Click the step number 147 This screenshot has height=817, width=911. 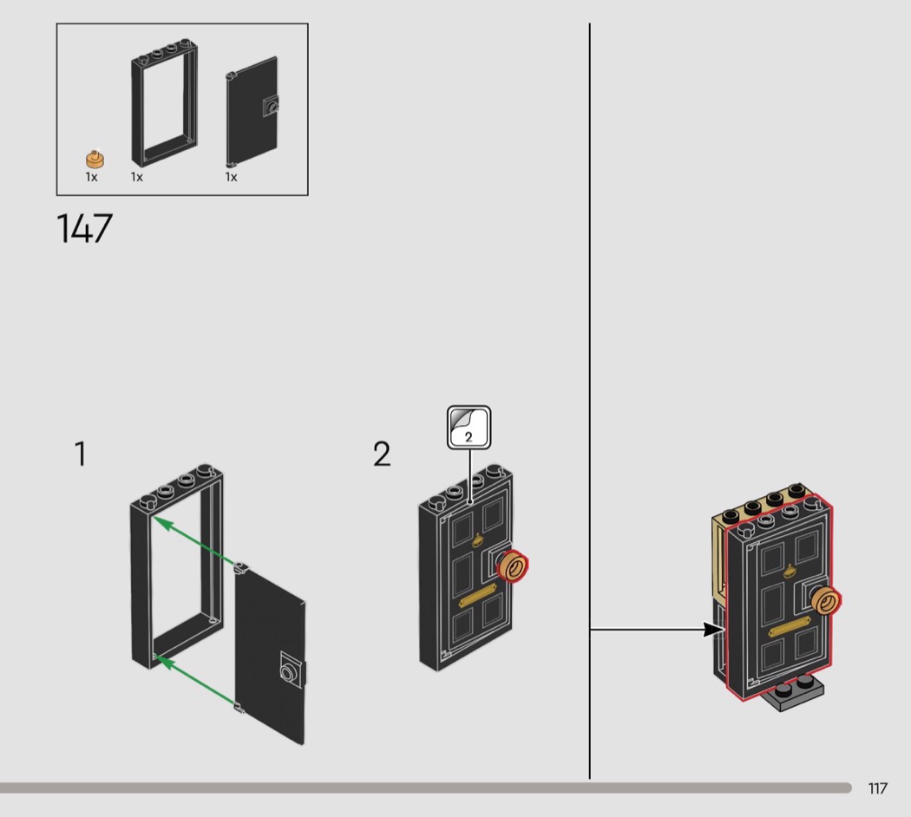pos(84,228)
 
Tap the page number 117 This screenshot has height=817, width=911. pos(877,788)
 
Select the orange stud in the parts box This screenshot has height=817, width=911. pos(95,159)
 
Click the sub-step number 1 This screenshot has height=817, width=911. pos(81,454)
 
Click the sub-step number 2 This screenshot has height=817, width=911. pos(382,454)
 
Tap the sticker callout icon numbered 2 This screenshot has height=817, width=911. pos(469,428)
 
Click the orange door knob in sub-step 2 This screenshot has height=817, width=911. pos(514,566)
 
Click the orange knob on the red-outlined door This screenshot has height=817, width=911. pos(826,600)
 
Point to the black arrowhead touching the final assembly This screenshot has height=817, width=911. pos(715,630)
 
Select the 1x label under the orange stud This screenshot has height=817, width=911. pos(91,177)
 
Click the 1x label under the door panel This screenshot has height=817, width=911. pos(232,177)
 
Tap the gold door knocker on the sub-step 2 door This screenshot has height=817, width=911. pos(478,540)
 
